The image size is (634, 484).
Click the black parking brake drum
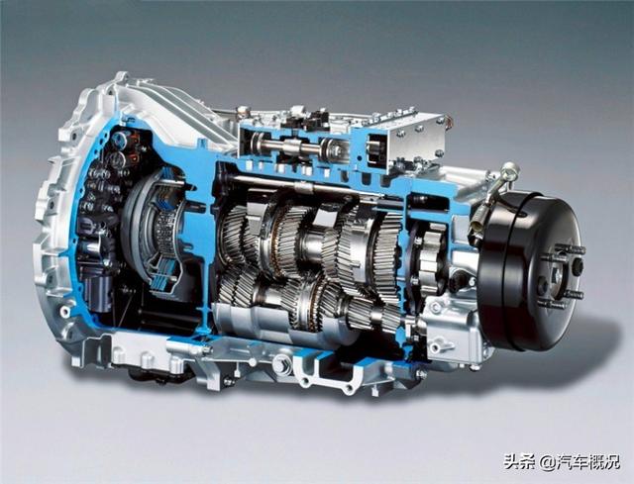(x=530, y=270)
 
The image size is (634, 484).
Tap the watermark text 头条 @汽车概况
(x=562, y=462)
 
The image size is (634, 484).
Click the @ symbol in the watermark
(x=548, y=462)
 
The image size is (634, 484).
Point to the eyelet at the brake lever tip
(x=511, y=169)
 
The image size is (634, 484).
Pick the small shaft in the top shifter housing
(x=295, y=146)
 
